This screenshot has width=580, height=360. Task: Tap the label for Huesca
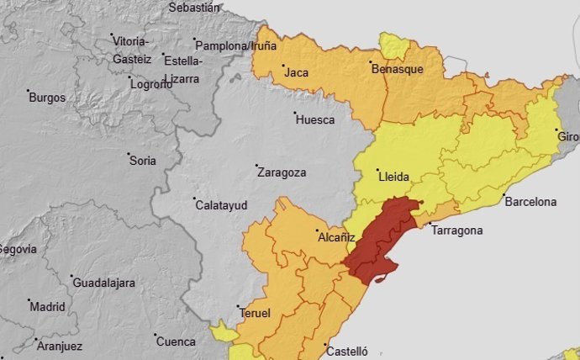315,120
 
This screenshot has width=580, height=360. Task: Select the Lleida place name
394,177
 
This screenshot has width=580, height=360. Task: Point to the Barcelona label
530,202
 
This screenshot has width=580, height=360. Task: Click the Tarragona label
456,230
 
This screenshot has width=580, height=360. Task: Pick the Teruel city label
256,314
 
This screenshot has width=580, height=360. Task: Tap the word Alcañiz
335,238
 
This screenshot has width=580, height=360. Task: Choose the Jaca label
297,73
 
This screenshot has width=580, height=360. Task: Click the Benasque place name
397,70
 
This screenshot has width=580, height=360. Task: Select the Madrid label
47,307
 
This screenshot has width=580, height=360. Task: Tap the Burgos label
46,98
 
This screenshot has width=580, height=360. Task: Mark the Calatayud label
221,205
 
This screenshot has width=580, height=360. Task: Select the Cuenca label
176,342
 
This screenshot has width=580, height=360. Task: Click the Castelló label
347,352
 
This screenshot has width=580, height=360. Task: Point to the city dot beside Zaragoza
258,166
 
